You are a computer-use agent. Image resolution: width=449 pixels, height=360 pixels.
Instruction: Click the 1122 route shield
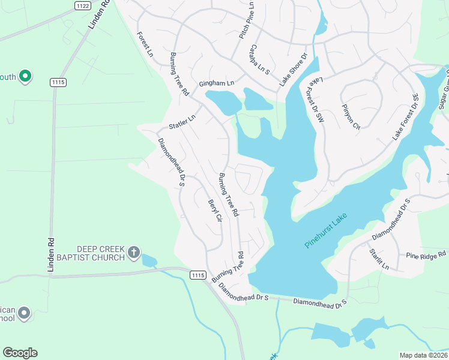(83, 5)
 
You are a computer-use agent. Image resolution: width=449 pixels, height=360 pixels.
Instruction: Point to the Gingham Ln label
(217, 83)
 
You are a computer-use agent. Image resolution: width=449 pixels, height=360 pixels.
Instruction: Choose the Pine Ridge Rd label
(426, 255)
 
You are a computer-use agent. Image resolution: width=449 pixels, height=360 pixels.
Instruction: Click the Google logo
(20, 353)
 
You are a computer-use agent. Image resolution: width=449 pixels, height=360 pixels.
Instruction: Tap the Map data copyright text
(423, 355)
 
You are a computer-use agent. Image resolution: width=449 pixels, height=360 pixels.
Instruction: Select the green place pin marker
(25, 76)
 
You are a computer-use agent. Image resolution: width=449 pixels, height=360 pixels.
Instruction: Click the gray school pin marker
(24, 313)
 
